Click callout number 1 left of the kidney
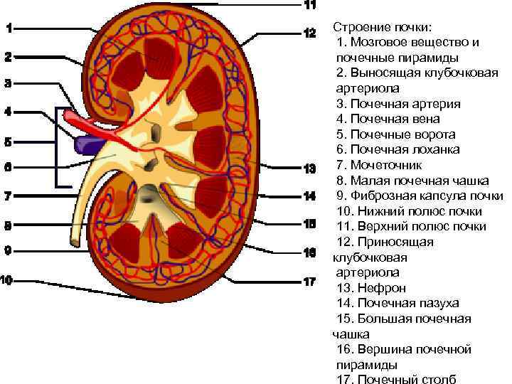pyautogui.click(x=8, y=29)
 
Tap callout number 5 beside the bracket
pyautogui.click(x=8, y=142)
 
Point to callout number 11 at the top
pyautogui.click(x=310, y=5)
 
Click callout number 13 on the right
pyautogui.click(x=310, y=169)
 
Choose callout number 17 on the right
pyautogui.click(x=310, y=282)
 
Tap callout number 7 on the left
pyautogui.click(x=8, y=196)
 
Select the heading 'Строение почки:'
pyautogui.click(x=382, y=27)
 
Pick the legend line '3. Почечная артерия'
pyautogui.click(x=398, y=104)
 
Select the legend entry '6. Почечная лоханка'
pyautogui.click(x=398, y=149)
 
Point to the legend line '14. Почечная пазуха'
pyautogui.click(x=398, y=303)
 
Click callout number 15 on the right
pyautogui.click(x=310, y=224)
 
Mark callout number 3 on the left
pyautogui.click(x=8, y=83)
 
